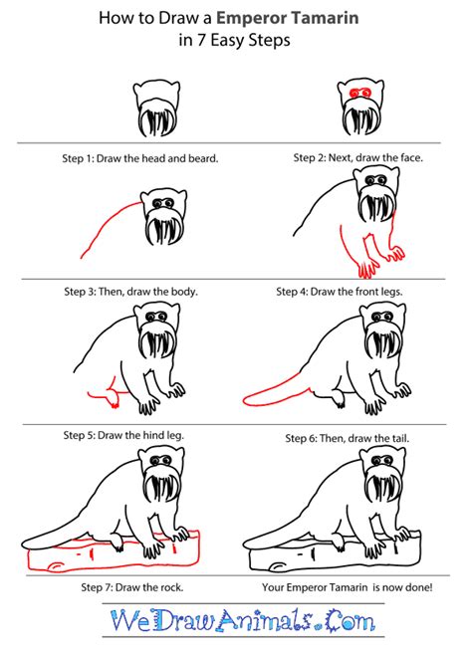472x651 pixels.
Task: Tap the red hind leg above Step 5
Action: [x=106, y=398]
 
